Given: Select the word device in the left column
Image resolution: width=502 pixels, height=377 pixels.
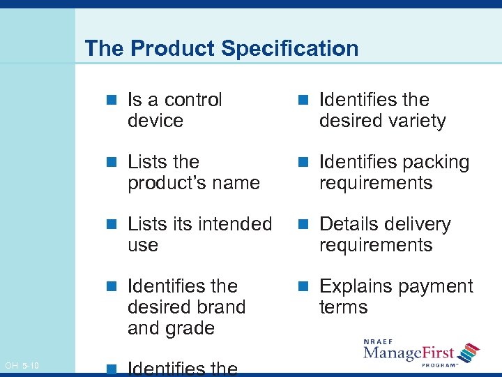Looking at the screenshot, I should point(155,121).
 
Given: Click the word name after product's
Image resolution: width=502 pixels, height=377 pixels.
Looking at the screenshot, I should point(237,183).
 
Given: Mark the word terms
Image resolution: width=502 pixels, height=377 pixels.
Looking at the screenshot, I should point(343,307).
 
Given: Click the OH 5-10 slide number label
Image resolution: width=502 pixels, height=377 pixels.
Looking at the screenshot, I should point(22,366).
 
